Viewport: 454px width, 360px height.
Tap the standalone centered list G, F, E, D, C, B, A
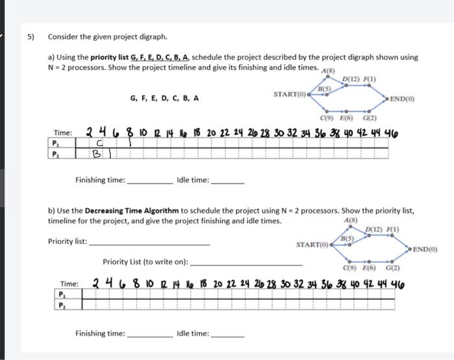(x=164, y=99)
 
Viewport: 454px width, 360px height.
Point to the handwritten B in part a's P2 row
(x=97, y=155)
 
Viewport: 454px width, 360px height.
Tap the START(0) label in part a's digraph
(x=290, y=95)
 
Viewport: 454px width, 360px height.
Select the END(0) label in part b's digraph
(x=425, y=249)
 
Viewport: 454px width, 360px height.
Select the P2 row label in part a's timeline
(x=57, y=154)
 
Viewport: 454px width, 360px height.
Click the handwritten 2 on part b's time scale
(x=96, y=283)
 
